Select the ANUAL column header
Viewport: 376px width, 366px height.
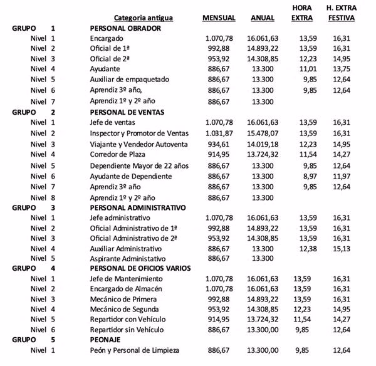pyautogui.click(x=263, y=18)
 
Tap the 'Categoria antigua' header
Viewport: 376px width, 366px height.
pyautogui.click(x=144, y=18)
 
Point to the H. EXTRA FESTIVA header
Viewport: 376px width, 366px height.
pyautogui.click(x=341, y=13)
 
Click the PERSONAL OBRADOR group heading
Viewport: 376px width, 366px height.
pyautogui.click(x=125, y=28)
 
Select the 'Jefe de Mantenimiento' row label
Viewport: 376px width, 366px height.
pyautogui.click(x=127, y=278)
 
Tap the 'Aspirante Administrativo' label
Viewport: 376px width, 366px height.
pyautogui.click(x=127, y=258)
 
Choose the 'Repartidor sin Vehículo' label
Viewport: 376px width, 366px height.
pyautogui.click(x=128, y=330)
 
